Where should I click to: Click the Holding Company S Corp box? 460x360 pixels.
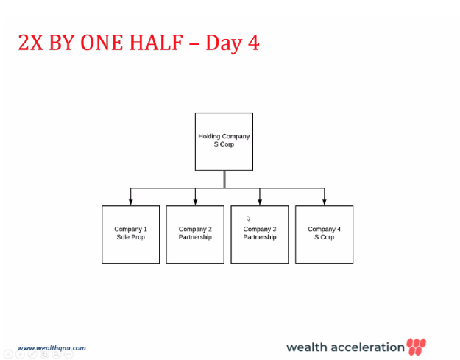coord(224,141)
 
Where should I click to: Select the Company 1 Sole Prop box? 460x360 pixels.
coord(130,234)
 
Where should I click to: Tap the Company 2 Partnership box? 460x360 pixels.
coord(195,234)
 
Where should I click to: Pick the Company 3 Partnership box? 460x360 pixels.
coord(260,234)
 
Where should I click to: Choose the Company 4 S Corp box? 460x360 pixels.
coord(324,234)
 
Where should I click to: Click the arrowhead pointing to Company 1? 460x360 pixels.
coord(131,202)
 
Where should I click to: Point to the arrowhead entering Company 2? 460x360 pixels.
coord(195,202)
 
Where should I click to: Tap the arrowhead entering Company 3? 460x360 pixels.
coord(260,202)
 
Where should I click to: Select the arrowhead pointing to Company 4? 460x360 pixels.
coord(324,202)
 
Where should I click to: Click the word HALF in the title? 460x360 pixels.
coord(156,43)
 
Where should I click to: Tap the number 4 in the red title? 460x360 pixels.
coord(253,43)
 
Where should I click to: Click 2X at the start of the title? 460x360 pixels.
coord(30,43)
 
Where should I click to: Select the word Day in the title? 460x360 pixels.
coord(224,44)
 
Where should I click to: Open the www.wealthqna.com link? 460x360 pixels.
coord(52,348)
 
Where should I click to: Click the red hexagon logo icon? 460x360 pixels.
coord(417,347)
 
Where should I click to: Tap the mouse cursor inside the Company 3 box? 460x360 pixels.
coord(248,218)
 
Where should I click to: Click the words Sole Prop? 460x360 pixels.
coord(131,237)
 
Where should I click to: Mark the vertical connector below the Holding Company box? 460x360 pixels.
coord(224,180)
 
